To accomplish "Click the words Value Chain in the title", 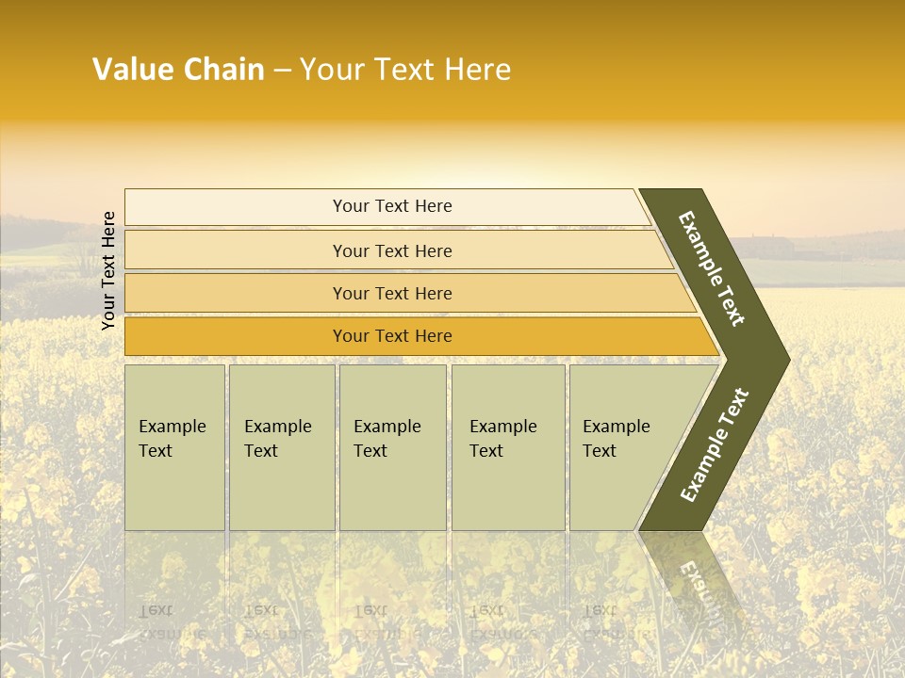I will point(178,70).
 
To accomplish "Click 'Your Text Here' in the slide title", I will point(405,70).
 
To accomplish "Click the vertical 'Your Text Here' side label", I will point(108,270).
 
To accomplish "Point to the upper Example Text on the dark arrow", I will point(712,268).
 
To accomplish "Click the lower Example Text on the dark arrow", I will point(715,444).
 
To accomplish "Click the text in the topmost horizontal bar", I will point(392,206).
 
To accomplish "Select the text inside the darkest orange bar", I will point(392,336).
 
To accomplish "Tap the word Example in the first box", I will point(172,427).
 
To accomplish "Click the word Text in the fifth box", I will point(600,451).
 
